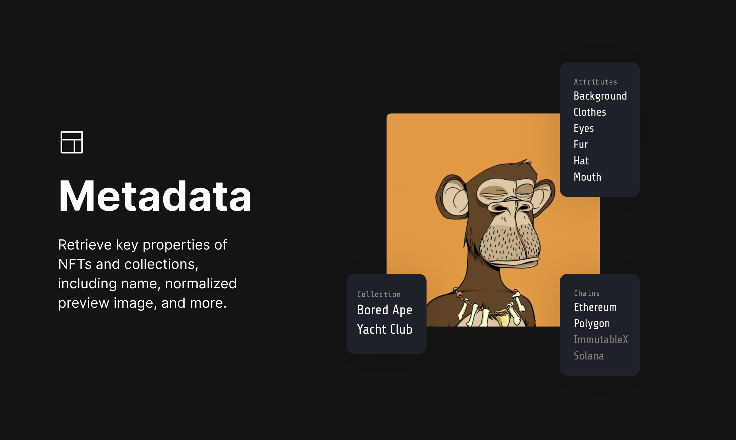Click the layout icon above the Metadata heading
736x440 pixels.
72,142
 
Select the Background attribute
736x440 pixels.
600,96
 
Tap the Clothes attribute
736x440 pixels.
590,112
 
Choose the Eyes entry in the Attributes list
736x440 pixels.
584,129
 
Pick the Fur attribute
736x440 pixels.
580,145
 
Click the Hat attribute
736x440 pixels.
581,161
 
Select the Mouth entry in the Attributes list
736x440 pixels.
587,177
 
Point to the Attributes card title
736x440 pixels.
595,82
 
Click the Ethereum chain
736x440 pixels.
595,307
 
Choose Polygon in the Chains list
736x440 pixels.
592,323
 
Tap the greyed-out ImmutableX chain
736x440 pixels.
601,340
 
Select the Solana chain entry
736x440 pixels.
589,356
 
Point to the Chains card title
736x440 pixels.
586,293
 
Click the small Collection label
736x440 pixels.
379,294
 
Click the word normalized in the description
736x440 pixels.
201,284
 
